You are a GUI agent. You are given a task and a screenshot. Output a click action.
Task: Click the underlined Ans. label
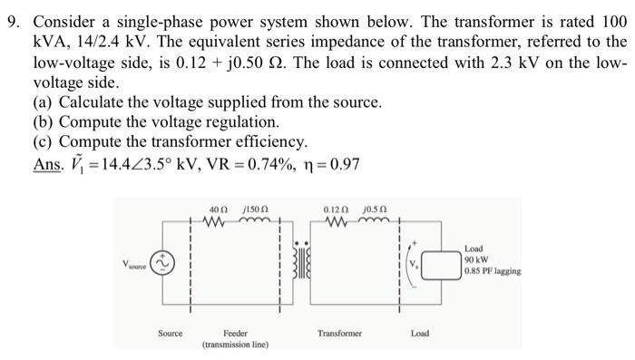46,165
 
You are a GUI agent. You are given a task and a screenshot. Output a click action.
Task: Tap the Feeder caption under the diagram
235,333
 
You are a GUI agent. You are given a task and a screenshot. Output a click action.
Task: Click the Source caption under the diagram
170,333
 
